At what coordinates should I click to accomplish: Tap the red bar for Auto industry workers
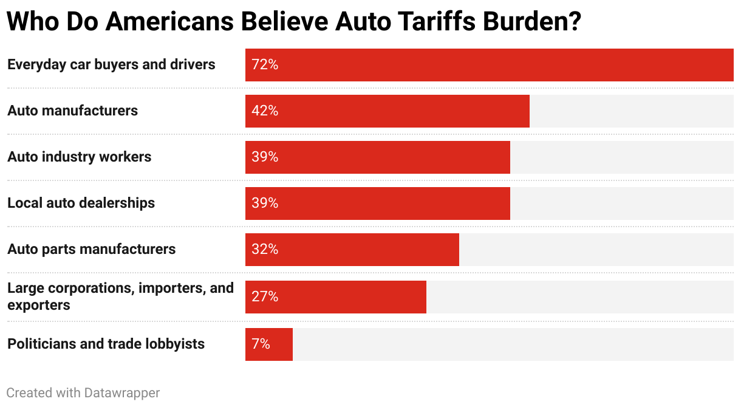377,157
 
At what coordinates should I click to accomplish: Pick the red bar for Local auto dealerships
377,203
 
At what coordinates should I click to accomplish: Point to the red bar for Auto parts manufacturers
352,250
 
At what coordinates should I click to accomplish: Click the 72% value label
265,65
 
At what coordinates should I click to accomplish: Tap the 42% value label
265,111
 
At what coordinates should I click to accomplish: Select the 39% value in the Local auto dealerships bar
265,203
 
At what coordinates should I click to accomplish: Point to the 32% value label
265,250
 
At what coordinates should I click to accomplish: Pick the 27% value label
265,297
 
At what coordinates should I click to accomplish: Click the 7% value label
261,344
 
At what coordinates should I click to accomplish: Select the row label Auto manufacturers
73,111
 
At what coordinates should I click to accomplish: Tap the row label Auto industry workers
80,157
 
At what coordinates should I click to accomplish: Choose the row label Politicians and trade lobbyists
106,344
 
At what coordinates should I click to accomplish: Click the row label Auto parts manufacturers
92,250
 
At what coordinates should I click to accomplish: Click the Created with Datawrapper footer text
83,393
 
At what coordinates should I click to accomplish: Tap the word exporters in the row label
39,305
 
